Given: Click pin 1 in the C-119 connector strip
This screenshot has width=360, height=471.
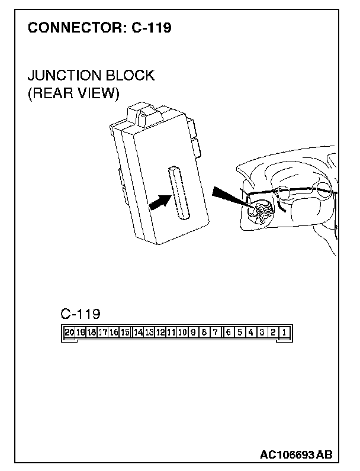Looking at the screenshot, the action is [284, 333].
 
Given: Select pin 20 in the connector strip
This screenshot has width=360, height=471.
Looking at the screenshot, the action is [69, 333].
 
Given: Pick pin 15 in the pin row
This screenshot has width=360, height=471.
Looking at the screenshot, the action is [126, 333].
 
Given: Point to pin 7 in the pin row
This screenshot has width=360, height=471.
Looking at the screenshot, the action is [216, 333].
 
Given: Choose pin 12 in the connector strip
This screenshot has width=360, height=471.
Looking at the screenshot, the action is [160, 333].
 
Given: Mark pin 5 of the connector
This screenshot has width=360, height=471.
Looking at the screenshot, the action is [239, 333].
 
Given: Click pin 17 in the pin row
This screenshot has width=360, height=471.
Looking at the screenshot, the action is [102, 333].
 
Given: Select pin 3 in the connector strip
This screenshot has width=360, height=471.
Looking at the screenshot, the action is [262, 333].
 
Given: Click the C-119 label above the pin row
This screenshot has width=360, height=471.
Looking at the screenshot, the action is [81, 313].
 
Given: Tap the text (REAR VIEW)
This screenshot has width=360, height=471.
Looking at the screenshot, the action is [73, 93].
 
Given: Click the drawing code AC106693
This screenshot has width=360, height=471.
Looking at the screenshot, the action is [287, 454].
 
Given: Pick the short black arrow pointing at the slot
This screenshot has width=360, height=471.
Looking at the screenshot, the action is [156, 202].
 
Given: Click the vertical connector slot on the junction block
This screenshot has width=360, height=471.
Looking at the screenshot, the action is [177, 193].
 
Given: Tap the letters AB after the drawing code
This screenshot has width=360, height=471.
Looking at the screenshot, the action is [324, 454].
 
